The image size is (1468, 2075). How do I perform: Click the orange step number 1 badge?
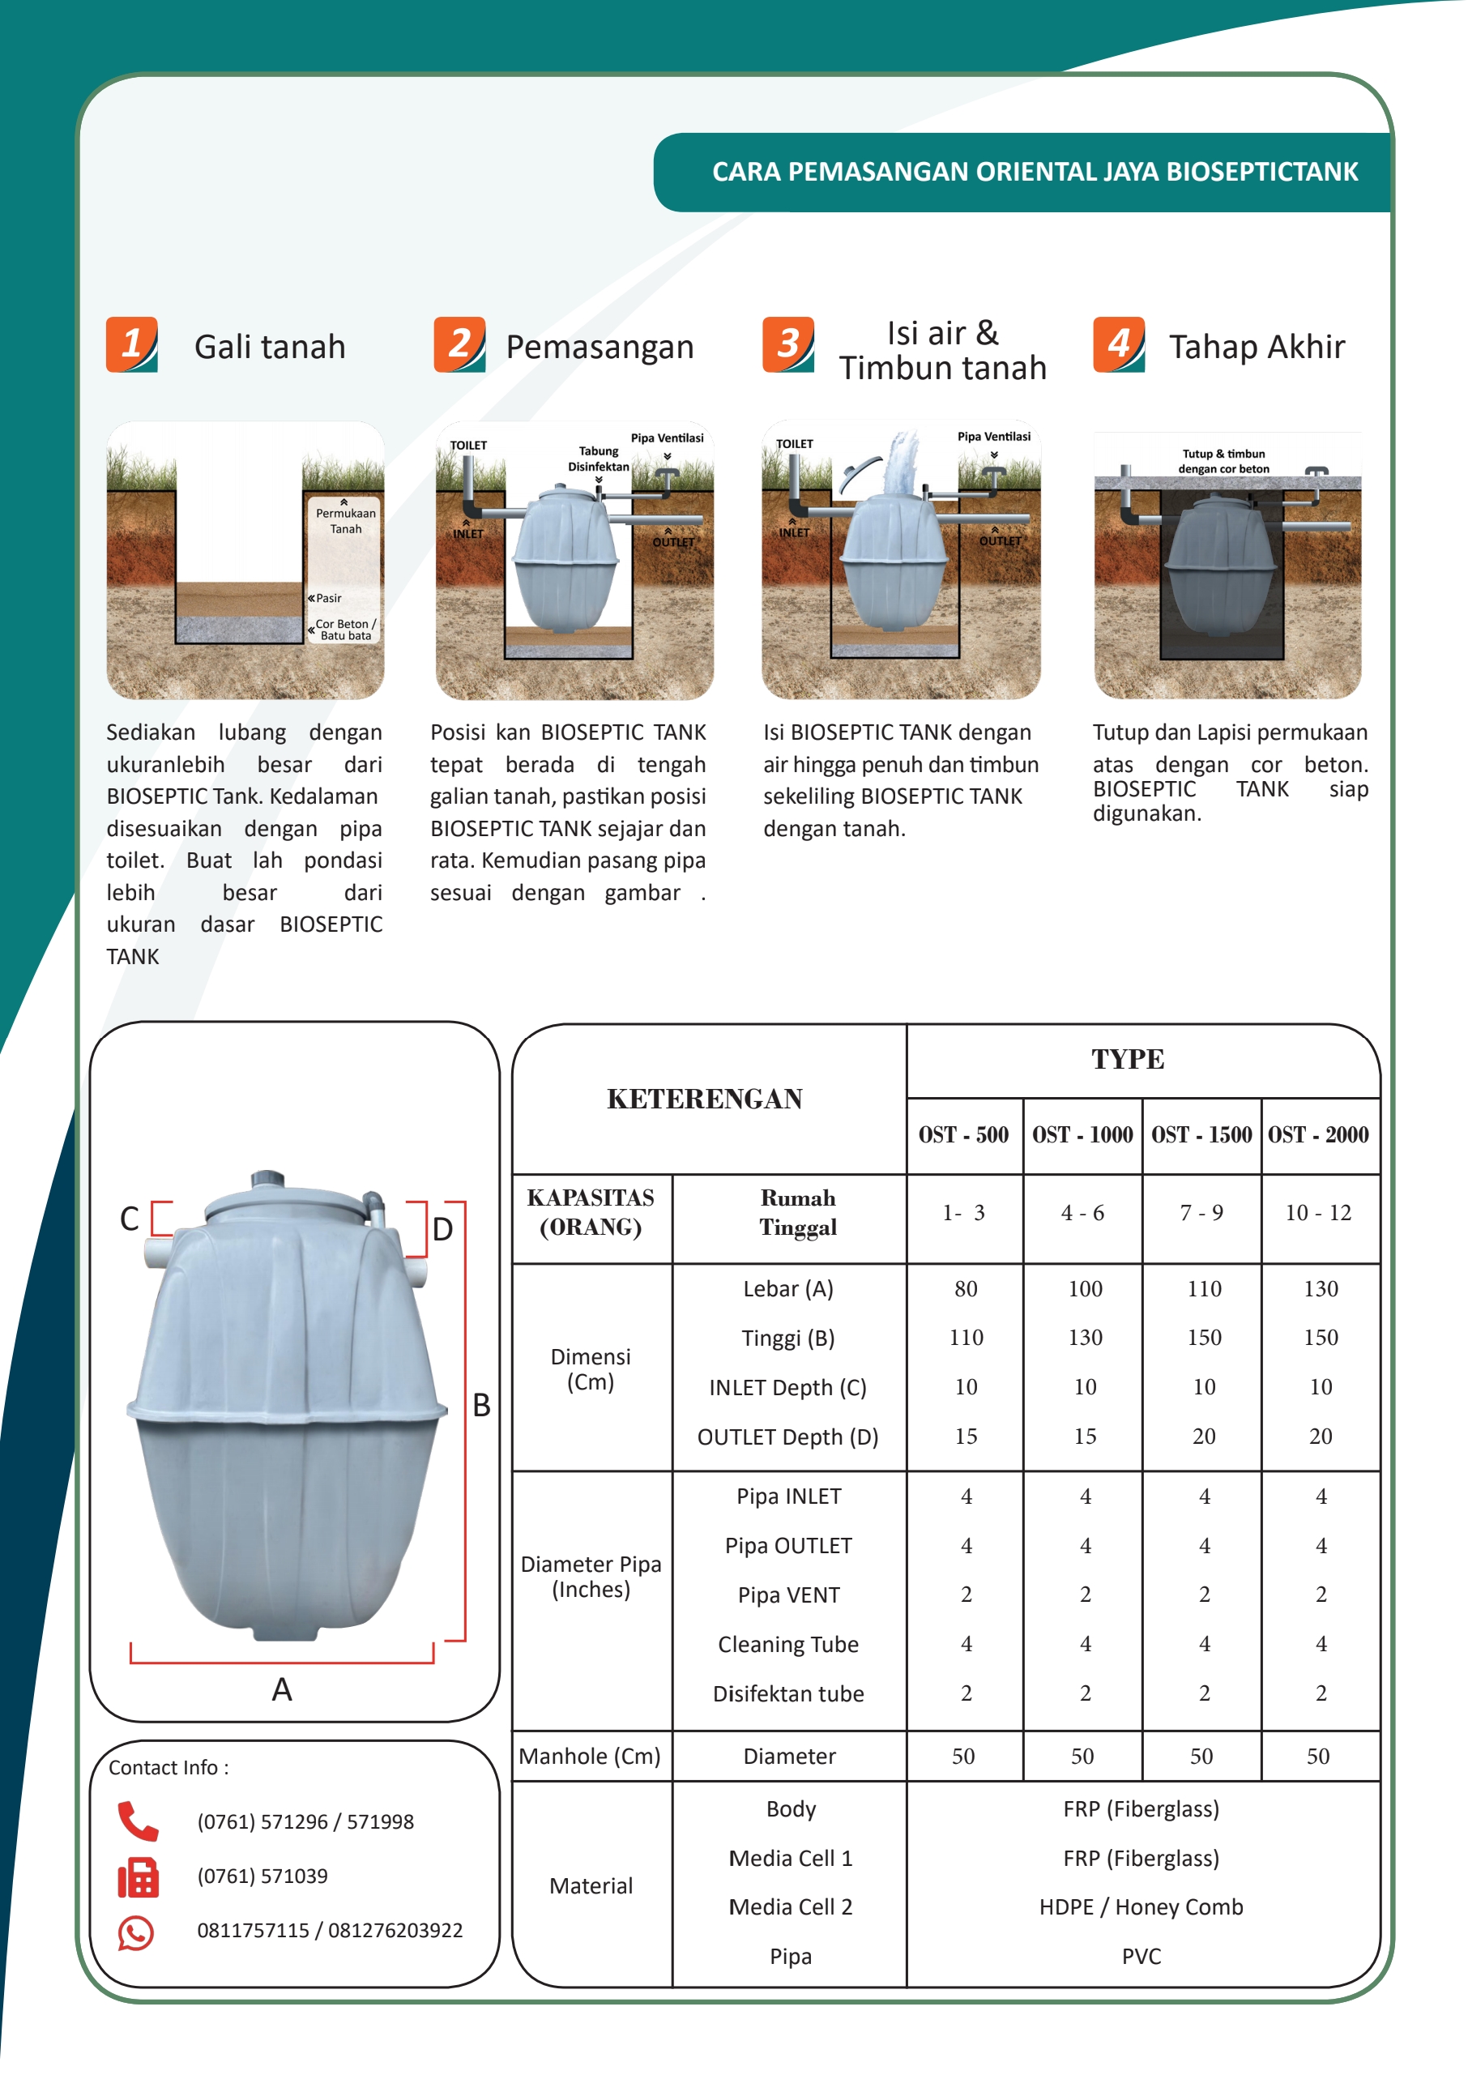[x=132, y=344]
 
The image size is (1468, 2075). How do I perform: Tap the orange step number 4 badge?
[x=1119, y=344]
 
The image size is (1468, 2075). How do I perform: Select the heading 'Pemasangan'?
[x=600, y=348]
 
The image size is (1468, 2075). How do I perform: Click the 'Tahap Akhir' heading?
[x=1257, y=348]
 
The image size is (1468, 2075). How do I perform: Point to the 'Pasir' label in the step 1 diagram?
[x=328, y=599]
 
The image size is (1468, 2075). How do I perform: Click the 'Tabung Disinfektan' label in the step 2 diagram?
[x=599, y=459]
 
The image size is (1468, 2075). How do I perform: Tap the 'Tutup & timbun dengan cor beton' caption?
[x=1223, y=461]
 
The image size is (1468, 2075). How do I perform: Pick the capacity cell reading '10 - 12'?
[x=1318, y=1214]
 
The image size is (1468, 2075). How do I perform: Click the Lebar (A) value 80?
[x=966, y=1289]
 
